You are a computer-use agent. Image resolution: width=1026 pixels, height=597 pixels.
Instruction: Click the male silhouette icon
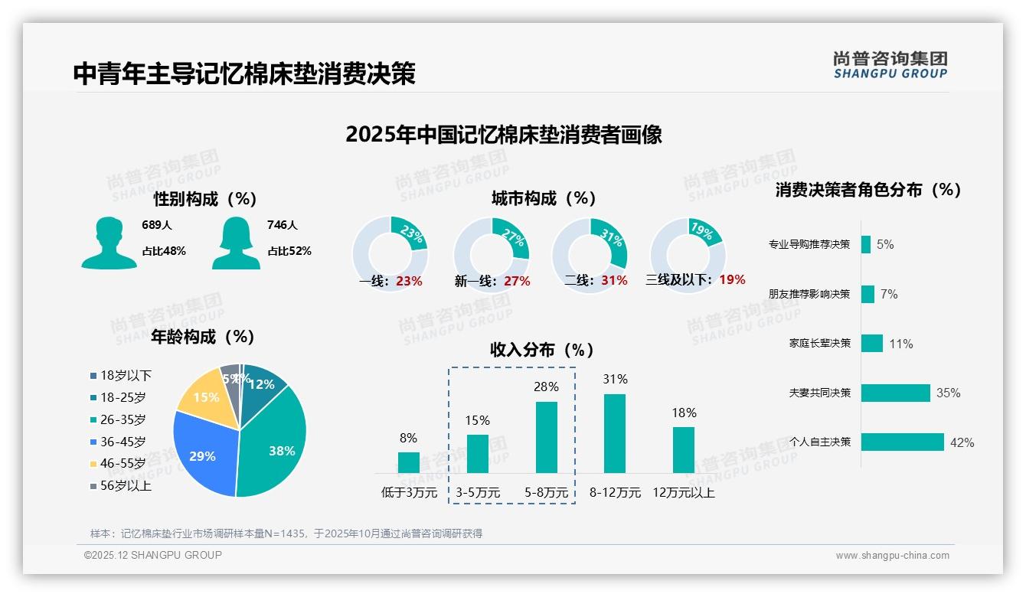coord(109,243)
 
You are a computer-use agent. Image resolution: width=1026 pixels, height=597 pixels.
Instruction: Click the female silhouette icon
coord(236,243)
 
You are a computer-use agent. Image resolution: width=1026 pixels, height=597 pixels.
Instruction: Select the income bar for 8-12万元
coord(615,433)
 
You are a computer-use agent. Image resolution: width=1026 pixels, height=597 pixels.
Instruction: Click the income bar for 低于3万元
coord(409,462)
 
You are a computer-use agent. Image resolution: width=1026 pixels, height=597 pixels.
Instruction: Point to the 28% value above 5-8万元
coord(546,387)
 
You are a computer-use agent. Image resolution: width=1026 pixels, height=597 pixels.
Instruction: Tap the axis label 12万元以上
coord(684,493)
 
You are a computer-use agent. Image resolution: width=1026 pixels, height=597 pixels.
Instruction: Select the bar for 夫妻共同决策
coord(895,393)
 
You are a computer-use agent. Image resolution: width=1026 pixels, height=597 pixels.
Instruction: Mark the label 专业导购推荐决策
coord(809,245)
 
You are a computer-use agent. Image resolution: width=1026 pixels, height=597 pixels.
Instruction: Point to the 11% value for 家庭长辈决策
coord(901,344)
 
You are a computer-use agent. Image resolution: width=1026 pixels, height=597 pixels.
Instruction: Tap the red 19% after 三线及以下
coord(732,279)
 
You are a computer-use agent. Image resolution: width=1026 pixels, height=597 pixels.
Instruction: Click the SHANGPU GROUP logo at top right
coord(890,65)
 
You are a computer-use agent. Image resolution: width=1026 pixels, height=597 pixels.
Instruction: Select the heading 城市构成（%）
coord(544,198)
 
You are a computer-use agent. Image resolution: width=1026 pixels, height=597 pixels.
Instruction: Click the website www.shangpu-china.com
coord(892,556)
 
